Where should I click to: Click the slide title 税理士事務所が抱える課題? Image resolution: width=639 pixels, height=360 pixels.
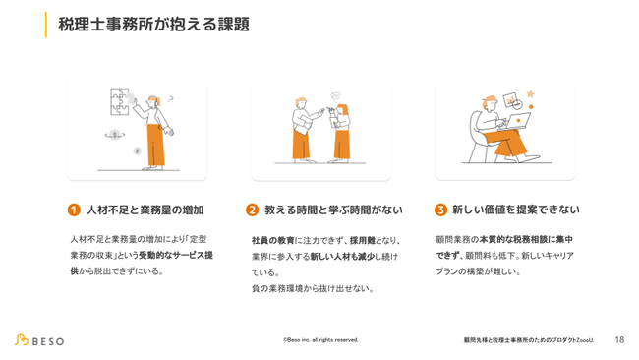click(153, 25)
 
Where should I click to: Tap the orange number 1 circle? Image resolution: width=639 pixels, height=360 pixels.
click(74, 210)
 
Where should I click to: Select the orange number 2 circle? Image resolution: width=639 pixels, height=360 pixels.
click(252, 210)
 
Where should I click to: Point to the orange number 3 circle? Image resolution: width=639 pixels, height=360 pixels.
click(440, 210)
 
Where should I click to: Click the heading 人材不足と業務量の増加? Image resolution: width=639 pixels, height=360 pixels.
click(145, 210)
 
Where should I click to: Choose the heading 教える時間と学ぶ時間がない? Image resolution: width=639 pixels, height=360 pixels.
click(333, 210)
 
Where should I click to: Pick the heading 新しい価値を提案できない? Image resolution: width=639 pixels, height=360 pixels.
click(515, 210)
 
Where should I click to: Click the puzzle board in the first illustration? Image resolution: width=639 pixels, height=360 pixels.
click(120, 101)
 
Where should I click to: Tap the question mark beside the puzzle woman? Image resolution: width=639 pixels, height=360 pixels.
click(171, 98)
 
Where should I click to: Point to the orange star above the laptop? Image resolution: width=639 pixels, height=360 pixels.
click(530, 94)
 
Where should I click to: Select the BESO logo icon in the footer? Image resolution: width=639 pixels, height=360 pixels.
click(22, 340)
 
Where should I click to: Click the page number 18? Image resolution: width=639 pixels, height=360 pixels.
click(619, 339)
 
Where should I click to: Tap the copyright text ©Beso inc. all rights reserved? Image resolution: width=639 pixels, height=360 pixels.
click(320, 340)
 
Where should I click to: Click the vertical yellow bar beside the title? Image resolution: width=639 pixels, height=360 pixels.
click(46, 25)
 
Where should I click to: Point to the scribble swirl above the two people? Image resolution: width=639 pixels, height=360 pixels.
click(336, 97)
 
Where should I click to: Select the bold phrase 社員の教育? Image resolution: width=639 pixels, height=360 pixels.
click(272, 241)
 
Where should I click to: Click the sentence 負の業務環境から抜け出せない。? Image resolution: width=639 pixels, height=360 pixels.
click(313, 288)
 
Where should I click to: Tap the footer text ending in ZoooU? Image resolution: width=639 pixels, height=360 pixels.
click(529, 340)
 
